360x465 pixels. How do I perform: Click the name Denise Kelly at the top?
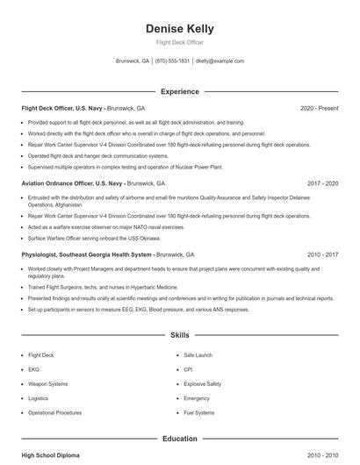179,29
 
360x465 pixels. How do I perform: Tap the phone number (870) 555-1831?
172,61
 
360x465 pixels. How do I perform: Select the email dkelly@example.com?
220,61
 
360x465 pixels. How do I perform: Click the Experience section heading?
179,91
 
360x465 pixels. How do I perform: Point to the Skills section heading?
179,335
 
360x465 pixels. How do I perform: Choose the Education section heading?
179,438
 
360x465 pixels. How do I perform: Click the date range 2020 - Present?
319,108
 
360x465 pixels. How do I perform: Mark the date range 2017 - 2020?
322,184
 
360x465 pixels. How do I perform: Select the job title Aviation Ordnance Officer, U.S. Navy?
72,184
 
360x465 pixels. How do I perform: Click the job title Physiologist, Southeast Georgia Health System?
87,254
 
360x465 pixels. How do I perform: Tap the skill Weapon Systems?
47,383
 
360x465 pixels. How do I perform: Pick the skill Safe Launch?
198,355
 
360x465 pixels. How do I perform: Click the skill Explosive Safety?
202,383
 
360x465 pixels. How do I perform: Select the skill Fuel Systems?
198,412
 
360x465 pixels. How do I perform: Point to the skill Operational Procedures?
55,412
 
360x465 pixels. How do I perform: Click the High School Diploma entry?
51,455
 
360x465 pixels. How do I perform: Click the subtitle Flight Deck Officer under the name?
179,43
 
